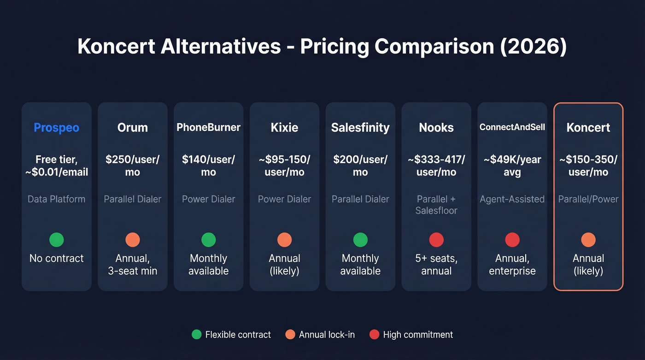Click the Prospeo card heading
click(57, 128)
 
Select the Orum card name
click(133, 128)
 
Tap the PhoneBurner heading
click(209, 127)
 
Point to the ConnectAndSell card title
click(512, 127)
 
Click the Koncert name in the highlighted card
click(588, 128)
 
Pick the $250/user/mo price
click(133, 165)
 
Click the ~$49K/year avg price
click(512, 165)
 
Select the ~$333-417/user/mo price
click(436, 165)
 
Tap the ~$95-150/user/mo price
click(285, 165)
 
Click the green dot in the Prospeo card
click(57, 240)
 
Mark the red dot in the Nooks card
click(436, 240)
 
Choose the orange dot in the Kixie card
click(285, 240)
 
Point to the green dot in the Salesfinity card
click(360, 240)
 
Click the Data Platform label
click(57, 199)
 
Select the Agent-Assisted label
click(512, 199)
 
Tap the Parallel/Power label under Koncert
click(588, 199)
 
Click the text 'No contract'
click(57, 258)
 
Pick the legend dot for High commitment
click(374, 335)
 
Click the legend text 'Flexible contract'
click(238, 335)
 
